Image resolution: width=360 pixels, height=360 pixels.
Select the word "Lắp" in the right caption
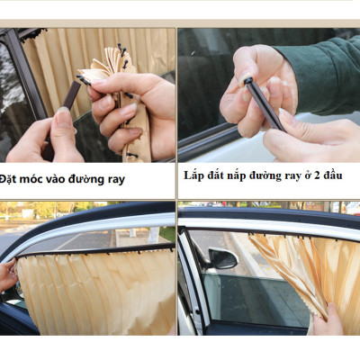click(x=195, y=175)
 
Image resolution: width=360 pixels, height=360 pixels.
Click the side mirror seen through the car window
click(x=220, y=260)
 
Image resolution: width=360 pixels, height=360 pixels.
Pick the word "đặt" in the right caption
click(x=220, y=175)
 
